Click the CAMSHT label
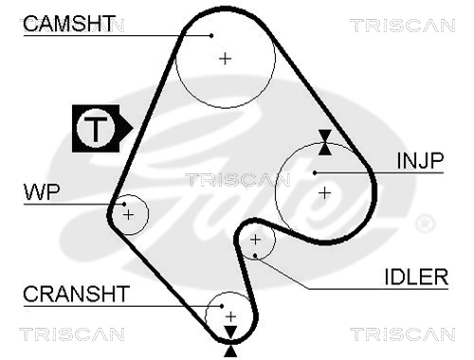pos(67,24)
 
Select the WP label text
pos(42,192)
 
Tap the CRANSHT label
pos(76,294)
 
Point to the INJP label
pos(420,161)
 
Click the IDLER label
pos(416,277)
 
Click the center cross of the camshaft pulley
pos(225,59)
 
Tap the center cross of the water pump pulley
pos(128,215)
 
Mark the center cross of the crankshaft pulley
pos(231,316)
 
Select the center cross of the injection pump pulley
pos(324,193)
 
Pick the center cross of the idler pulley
pos(255,240)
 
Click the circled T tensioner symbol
pos(96,128)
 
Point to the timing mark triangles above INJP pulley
pos(325,142)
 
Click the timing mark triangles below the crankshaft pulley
pos(231,342)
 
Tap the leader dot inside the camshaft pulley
pos(211,36)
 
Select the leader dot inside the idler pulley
pos(255,255)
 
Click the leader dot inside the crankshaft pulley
pos(222,306)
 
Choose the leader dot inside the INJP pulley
pos(315,172)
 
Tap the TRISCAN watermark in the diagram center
pos(238,180)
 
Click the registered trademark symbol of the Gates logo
pos(425,224)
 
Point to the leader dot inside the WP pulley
pos(124,205)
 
